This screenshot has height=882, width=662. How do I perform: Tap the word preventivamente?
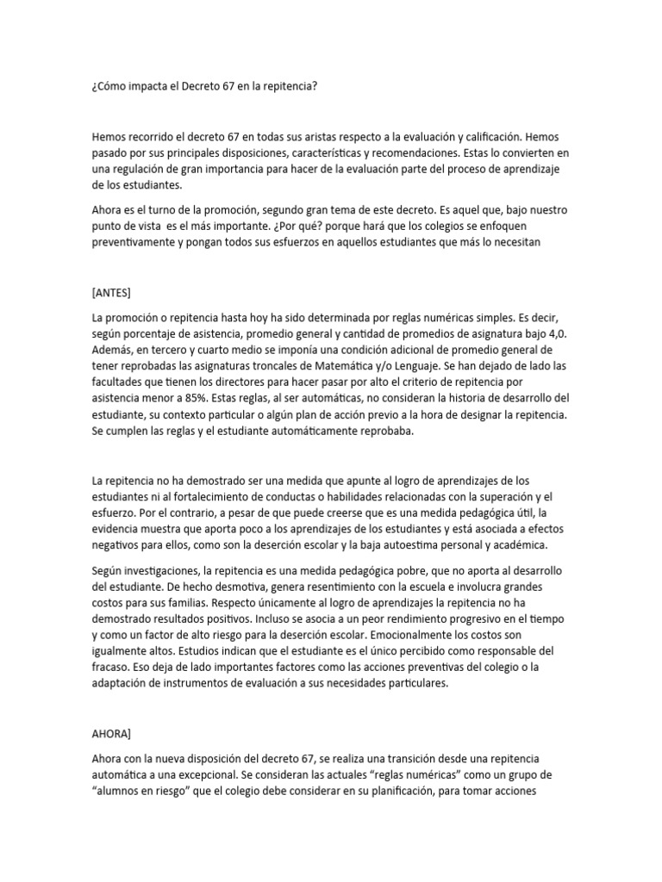tap(136, 243)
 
